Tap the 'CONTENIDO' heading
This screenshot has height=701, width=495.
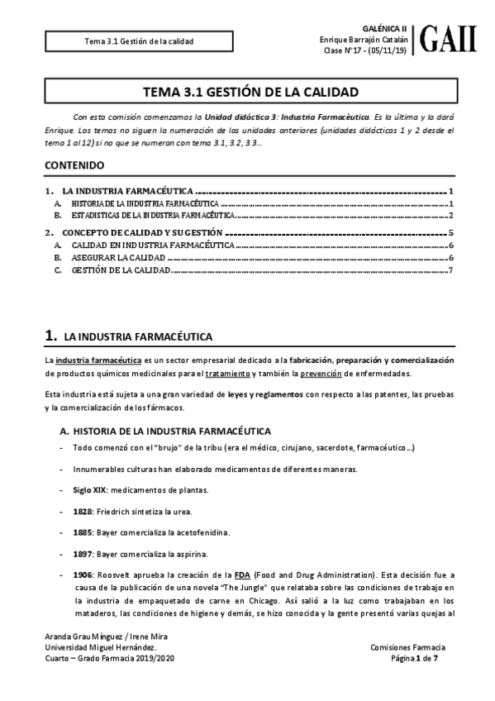click(x=74, y=165)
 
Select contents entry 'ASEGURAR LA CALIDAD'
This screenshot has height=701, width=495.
click(x=112, y=258)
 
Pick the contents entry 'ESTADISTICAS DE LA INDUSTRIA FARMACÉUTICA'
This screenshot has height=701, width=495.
click(x=153, y=215)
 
